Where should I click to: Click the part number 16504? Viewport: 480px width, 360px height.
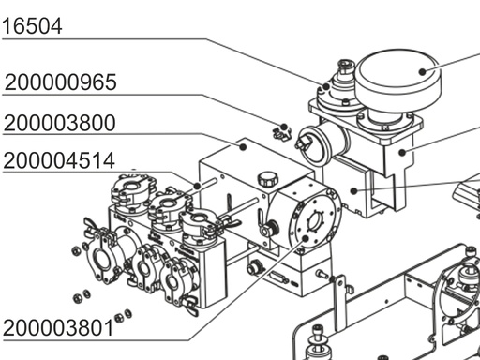coord(32,25)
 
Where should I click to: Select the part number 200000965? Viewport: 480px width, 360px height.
coord(61,82)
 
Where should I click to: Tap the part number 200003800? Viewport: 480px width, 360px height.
coord(60,123)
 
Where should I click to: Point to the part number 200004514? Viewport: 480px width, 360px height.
coord(59,160)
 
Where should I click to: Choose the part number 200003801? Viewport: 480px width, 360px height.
coord(58,328)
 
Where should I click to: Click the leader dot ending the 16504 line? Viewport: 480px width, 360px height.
coord(326,86)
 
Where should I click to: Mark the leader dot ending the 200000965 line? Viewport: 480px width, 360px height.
coord(284,127)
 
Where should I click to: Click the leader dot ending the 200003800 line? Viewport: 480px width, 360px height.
coord(243,146)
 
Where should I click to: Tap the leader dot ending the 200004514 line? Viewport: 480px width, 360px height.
coord(197,186)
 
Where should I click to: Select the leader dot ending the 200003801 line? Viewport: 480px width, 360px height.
coord(306,239)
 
